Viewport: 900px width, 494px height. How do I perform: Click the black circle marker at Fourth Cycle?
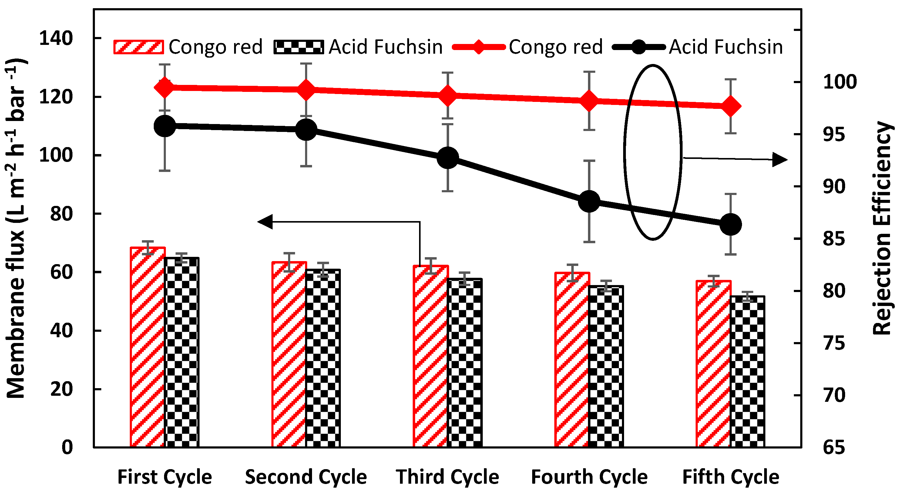pyautogui.click(x=589, y=201)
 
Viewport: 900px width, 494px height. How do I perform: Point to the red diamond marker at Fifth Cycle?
pyautogui.click(x=730, y=106)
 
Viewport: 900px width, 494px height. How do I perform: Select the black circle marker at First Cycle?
pyautogui.click(x=165, y=126)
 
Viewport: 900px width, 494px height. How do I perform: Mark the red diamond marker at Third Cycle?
pyautogui.click(x=448, y=96)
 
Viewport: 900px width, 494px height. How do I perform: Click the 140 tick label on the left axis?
pyautogui.click(x=56, y=38)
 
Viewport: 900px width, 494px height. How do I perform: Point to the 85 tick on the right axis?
pyautogui.click(x=834, y=239)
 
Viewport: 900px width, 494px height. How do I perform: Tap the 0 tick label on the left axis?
pyautogui.click(x=67, y=447)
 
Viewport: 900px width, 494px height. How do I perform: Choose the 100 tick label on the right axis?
pyautogui.click(x=840, y=82)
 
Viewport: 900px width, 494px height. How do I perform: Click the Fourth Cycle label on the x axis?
pyautogui.click(x=589, y=477)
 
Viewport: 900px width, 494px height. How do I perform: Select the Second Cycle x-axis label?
pyautogui.click(x=306, y=477)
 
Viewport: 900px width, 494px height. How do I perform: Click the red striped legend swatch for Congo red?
pyautogui.click(x=138, y=47)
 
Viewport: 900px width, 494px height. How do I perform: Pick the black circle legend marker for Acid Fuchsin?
pyautogui.click(x=639, y=47)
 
